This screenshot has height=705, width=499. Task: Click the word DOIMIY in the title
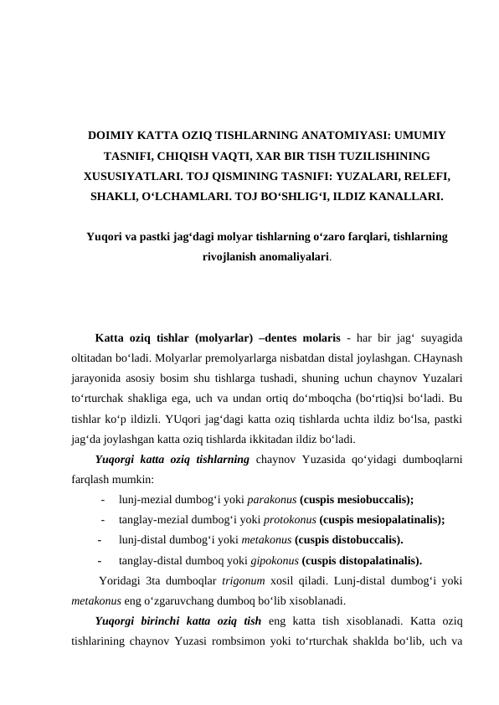click(117, 135)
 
